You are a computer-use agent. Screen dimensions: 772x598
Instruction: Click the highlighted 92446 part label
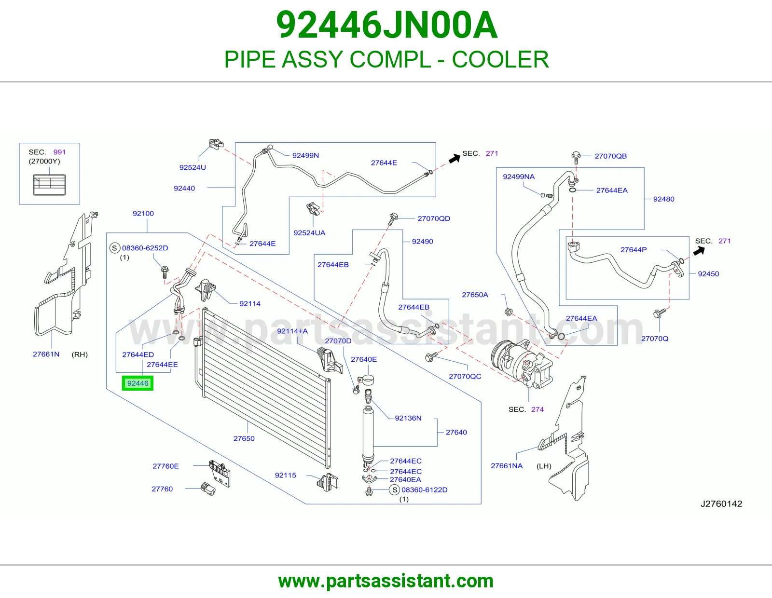[138, 383]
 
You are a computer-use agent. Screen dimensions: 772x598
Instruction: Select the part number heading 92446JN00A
[386, 25]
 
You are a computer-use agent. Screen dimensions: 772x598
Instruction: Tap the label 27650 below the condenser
[244, 438]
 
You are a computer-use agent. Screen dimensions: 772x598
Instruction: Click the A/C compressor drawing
[522, 364]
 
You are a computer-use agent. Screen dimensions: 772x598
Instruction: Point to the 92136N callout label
[408, 418]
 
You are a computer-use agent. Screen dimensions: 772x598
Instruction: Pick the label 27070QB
[611, 156]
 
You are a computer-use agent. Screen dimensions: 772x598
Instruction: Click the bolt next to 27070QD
[393, 219]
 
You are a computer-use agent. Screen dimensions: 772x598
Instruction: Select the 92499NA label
[519, 177]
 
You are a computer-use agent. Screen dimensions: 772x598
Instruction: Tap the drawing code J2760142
[721, 503]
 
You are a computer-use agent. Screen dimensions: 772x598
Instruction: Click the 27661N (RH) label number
[46, 354]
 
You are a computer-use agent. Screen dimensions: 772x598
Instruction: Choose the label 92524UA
[309, 232]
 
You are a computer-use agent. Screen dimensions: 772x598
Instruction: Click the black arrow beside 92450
[699, 251]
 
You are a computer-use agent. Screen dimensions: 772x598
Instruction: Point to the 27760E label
[165, 466]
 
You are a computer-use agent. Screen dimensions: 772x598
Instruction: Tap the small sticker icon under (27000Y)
[49, 185]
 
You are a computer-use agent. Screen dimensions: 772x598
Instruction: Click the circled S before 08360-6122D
[395, 490]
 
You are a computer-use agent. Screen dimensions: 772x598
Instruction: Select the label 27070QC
[465, 376]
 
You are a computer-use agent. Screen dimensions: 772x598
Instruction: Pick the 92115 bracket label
[285, 475]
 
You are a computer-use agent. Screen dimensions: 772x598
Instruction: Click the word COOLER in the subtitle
[500, 59]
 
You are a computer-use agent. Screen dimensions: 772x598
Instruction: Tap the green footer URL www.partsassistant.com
[386, 581]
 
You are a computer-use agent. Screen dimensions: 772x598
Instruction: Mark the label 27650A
[475, 295]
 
